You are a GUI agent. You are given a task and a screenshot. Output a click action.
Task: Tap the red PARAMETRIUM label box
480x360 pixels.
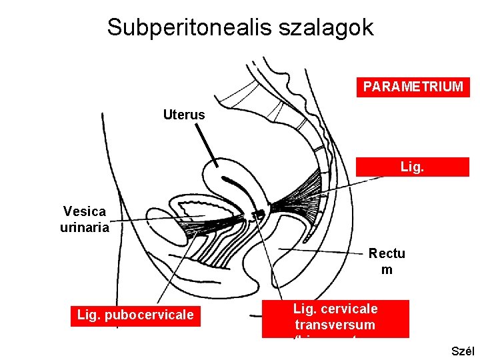pyautogui.click(x=413, y=87)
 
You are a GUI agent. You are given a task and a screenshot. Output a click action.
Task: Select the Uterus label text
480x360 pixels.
pyautogui.click(x=184, y=115)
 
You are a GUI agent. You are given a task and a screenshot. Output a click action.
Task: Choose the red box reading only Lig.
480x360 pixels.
pyautogui.click(x=413, y=167)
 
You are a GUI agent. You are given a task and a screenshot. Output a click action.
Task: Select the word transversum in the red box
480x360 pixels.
pyautogui.click(x=335, y=325)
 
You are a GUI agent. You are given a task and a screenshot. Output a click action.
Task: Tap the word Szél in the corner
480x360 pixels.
pyautogui.click(x=463, y=351)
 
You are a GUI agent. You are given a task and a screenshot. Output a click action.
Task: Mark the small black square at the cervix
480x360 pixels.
pyautogui.click(x=259, y=214)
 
